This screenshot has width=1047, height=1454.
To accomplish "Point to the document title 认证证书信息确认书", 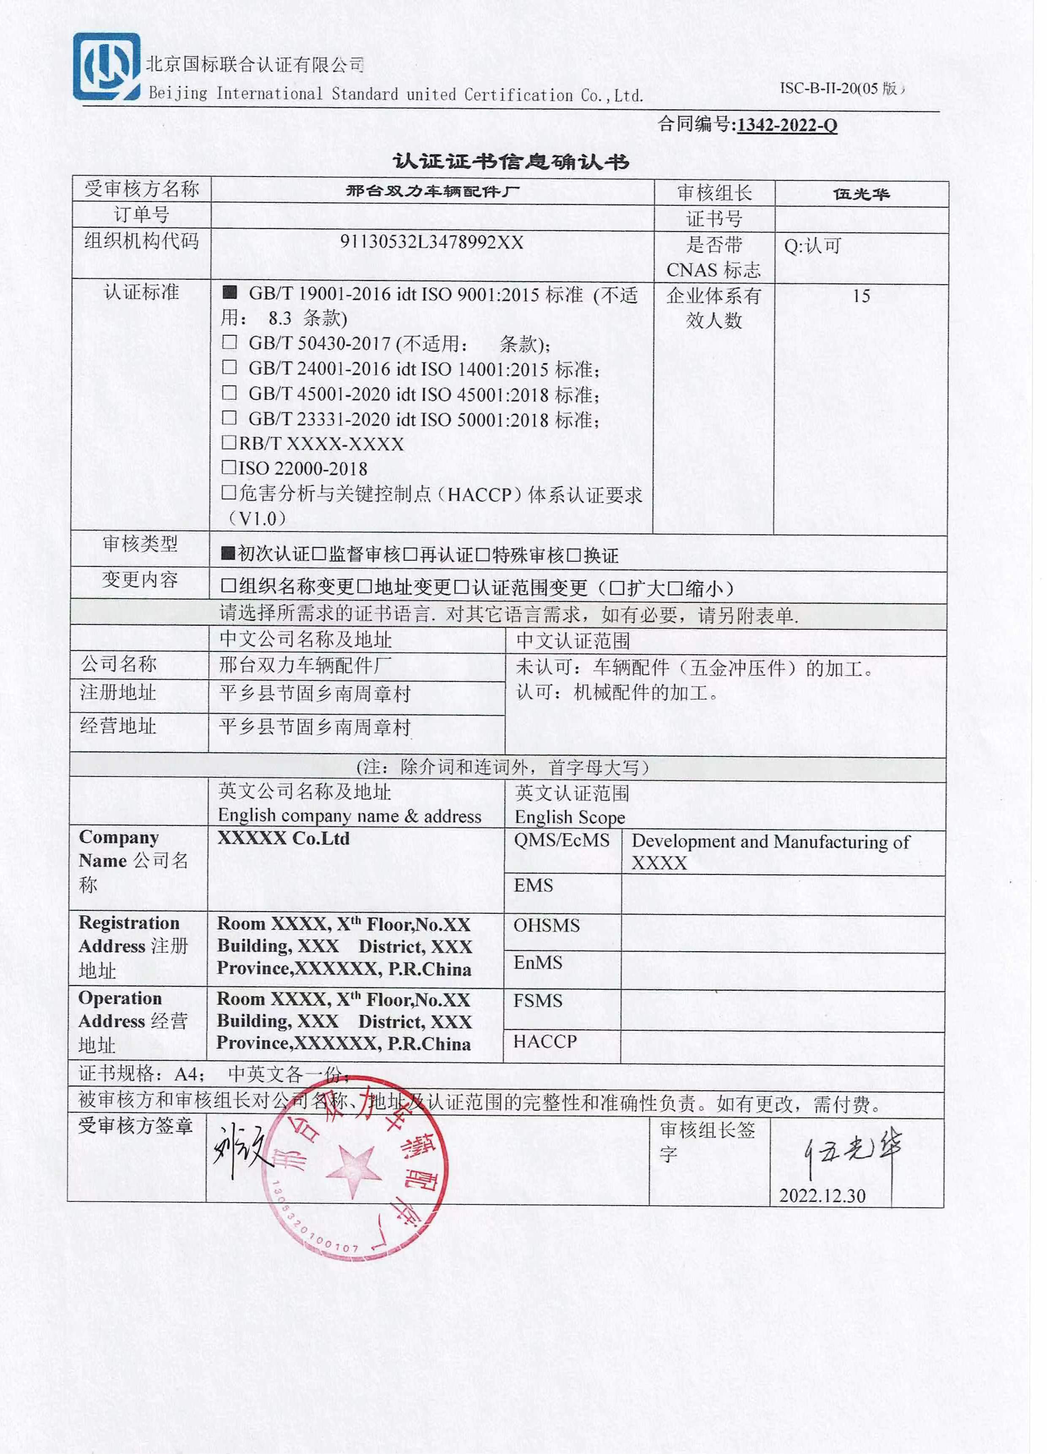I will coord(511,161).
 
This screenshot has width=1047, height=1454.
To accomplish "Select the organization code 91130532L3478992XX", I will coord(431,242).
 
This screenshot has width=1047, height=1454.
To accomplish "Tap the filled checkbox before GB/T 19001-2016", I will coord(229,293).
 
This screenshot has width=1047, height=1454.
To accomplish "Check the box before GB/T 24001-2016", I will coord(229,368).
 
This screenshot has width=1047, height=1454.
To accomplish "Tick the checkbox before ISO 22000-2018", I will coord(229,467).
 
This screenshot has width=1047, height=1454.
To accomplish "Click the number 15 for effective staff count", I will coord(860,296).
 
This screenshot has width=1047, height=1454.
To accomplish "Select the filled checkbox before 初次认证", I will coord(228,553).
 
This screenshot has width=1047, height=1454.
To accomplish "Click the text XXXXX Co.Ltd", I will coord(283,839).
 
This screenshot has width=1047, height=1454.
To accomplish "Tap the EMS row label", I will coord(533,885).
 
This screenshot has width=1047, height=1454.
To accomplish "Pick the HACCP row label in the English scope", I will coord(545,1042).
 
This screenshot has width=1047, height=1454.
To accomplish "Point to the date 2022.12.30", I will coord(822,1195).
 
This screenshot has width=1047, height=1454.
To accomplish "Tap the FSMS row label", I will coord(537,1001).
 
